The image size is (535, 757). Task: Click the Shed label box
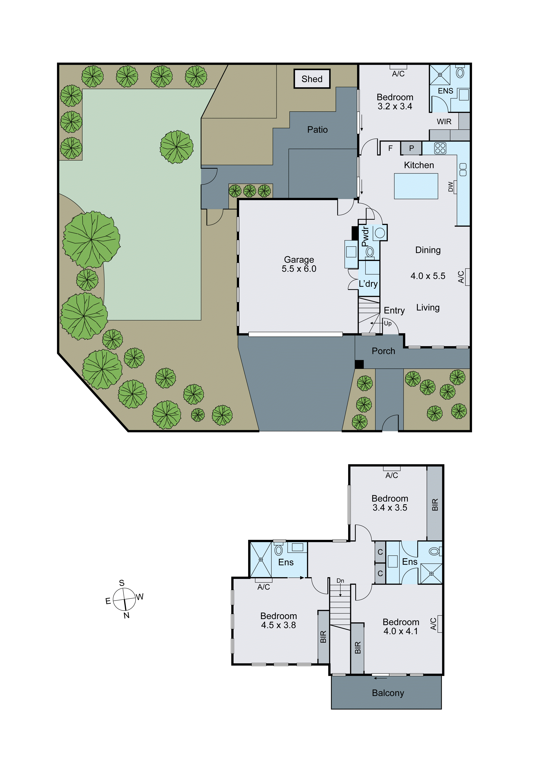pos(312,79)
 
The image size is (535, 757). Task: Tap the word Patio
pos(317,130)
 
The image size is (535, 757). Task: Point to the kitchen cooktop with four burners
pos(440,148)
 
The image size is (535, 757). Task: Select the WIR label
pos(444,122)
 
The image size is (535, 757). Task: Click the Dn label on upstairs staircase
pos(340,581)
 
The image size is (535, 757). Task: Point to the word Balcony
pos(388,693)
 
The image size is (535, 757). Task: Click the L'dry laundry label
pos(368,284)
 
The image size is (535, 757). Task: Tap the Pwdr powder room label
pos(365,236)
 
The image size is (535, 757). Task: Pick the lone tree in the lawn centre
pos(177,147)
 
